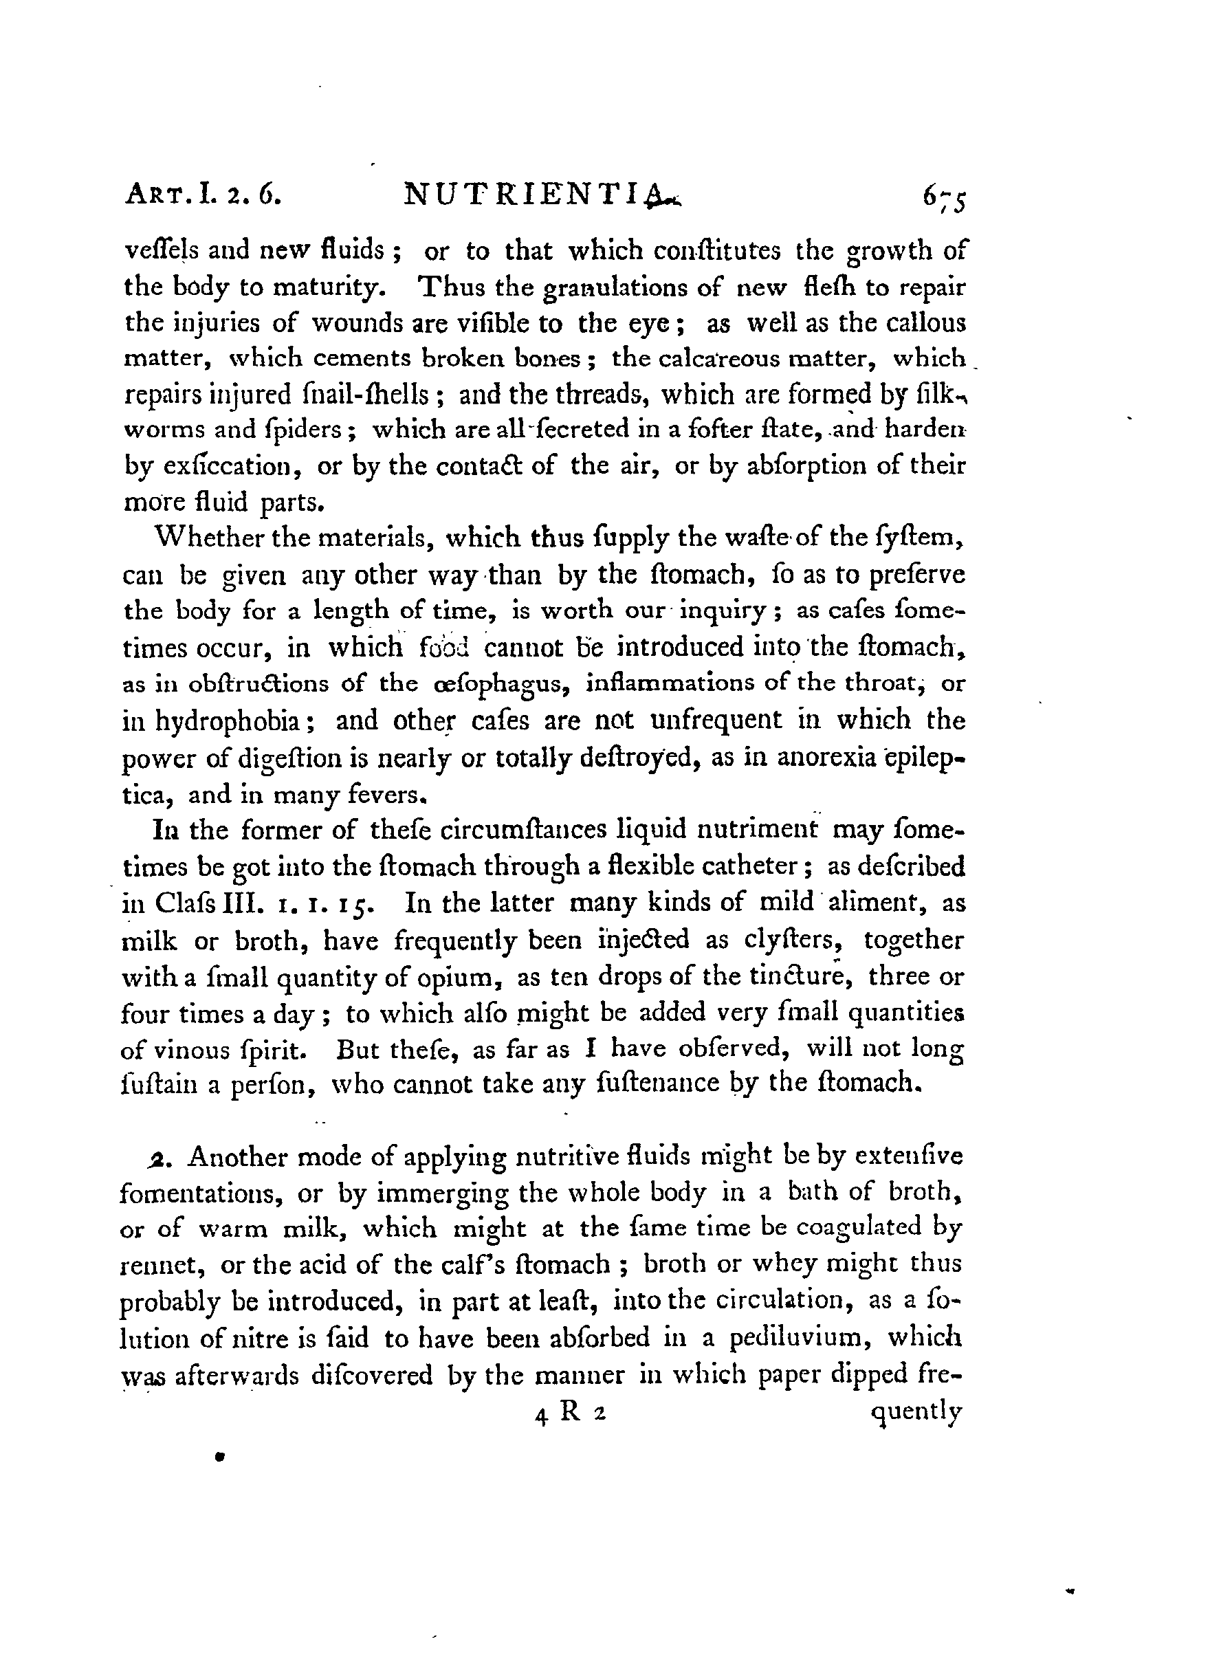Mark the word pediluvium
802,1338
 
